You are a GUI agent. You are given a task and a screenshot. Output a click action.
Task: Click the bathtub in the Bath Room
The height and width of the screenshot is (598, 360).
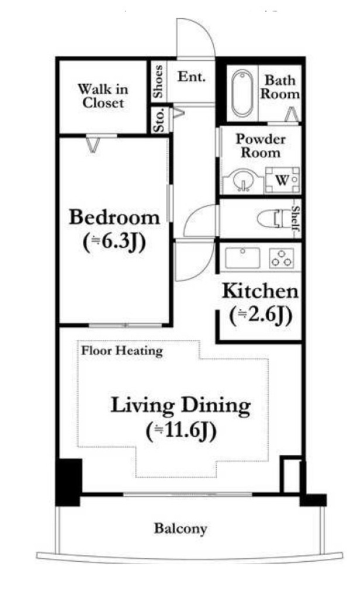click(x=242, y=93)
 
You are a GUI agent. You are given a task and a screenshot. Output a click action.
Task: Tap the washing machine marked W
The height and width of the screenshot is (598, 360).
click(x=282, y=180)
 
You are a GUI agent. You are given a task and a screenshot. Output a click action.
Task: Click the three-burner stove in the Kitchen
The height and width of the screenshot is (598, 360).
click(x=281, y=258)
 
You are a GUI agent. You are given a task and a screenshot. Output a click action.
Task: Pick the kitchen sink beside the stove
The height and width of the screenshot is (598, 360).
click(x=243, y=258)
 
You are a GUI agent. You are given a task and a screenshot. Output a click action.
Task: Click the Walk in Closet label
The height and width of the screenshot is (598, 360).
click(x=103, y=96)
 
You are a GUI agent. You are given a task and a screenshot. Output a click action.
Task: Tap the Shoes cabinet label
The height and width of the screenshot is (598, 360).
click(x=158, y=81)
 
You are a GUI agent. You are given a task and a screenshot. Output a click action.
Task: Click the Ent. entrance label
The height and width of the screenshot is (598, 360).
click(x=192, y=77)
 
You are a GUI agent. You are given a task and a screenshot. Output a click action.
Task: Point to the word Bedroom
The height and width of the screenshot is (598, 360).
click(x=115, y=217)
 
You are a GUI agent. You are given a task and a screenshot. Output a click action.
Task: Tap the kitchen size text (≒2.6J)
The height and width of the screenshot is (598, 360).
click(x=261, y=315)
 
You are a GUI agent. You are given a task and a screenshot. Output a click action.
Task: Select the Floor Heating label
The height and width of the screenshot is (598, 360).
click(x=122, y=350)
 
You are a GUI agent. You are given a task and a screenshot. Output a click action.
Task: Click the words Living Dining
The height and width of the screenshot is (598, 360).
click(x=181, y=406)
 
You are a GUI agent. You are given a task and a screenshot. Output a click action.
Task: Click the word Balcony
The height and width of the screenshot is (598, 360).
click(x=181, y=529)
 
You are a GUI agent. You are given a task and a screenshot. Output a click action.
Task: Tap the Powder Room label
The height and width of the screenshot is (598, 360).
click(x=261, y=145)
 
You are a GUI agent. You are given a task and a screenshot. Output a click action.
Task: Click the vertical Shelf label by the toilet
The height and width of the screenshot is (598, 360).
click(x=296, y=219)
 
